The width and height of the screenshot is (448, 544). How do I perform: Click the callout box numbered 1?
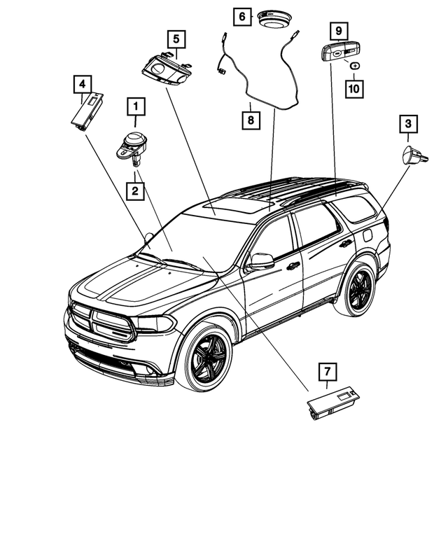[135, 107]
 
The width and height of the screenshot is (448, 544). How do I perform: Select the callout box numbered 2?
[135, 190]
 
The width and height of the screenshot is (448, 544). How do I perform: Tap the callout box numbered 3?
[409, 125]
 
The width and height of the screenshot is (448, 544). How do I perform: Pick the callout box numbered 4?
[83, 85]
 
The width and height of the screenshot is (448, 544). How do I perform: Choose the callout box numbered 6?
[242, 16]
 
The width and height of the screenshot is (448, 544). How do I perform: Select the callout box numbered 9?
[338, 30]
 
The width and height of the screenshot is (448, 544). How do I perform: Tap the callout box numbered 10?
[355, 89]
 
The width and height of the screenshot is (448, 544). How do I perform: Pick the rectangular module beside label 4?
[87, 111]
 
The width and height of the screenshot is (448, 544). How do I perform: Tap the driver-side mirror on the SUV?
[262, 260]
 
